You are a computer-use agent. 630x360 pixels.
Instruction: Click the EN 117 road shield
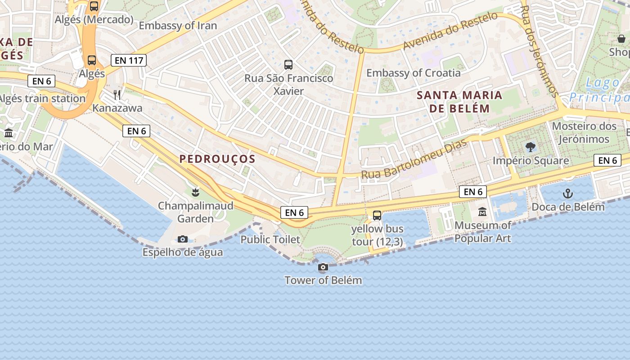click(129, 60)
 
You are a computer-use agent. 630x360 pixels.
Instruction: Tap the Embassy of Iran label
click(178, 26)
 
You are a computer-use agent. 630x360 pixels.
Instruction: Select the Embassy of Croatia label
click(413, 73)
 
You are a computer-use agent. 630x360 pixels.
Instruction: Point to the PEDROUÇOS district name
click(217, 159)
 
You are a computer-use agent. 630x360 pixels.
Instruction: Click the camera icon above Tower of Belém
click(323, 267)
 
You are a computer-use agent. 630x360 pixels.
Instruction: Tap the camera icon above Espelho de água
click(183, 239)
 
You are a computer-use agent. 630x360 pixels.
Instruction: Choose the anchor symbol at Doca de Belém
click(568, 194)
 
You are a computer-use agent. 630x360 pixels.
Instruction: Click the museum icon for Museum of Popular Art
click(482, 211)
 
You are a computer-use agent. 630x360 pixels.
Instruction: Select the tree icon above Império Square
click(531, 147)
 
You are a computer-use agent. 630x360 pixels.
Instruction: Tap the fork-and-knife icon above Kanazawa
click(117, 95)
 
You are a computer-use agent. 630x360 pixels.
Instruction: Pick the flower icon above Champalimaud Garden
click(195, 193)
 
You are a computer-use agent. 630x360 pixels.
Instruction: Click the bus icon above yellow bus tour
click(377, 216)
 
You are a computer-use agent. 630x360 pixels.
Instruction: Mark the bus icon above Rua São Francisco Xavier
click(288, 65)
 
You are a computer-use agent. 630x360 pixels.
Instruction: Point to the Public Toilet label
click(270, 239)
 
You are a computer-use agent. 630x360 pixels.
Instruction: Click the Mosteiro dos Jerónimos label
click(584, 132)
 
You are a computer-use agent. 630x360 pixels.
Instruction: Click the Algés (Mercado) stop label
click(94, 20)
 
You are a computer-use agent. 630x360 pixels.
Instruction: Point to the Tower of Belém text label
click(323, 280)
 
